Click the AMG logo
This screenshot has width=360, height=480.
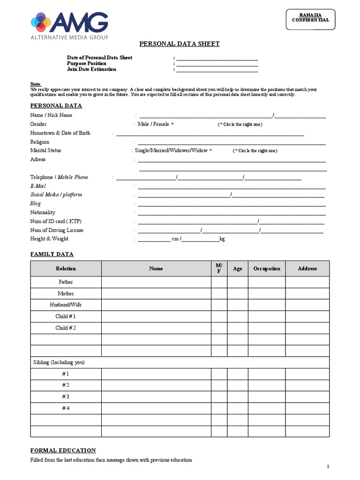pos(69,25)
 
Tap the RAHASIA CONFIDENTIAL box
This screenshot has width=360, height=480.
pos(310,19)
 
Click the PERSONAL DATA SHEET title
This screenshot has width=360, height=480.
pos(180,44)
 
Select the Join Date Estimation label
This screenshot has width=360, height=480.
pos(91,69)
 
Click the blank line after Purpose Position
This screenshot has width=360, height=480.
pos(217,63)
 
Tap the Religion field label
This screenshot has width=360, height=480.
pos(40,142)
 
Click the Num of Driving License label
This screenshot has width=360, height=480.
pos(57,230)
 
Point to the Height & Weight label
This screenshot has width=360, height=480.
pos(49,239)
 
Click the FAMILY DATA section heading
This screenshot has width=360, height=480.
pos(52,254)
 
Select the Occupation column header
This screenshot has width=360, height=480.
pos(267,269)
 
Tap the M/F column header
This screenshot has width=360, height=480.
pos(219,269)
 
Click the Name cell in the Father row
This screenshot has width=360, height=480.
pos(156,282)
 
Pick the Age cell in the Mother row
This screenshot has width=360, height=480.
pos(238,293)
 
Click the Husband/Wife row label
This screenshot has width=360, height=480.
pos(66,305)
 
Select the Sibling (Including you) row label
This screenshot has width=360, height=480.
pos(59,363)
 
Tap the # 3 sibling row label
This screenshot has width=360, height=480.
pos(66,397)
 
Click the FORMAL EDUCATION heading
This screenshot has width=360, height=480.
pos(63,450)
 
